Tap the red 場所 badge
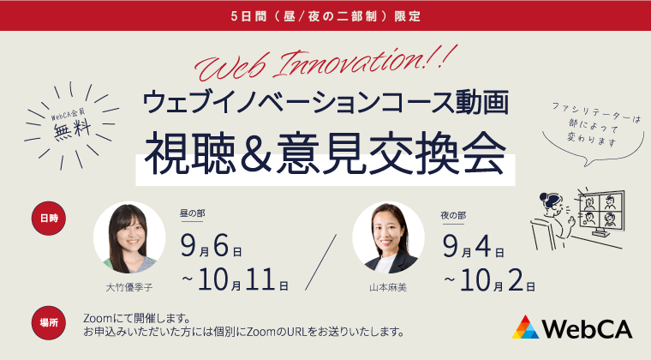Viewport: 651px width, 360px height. (49, 322)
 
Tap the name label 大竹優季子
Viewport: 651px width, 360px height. (129, 287)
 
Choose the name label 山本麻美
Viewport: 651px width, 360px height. (388, 287)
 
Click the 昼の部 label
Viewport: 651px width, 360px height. (193, 213)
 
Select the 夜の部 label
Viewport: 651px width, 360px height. (454, 213)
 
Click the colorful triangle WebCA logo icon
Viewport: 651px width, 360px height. (526, 327)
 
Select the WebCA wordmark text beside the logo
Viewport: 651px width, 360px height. (587, 328)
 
